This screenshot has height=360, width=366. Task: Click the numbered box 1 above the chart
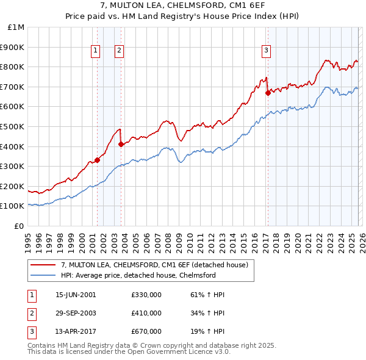(x=96, y=51)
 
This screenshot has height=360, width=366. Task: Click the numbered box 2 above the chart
(x=119, y=51)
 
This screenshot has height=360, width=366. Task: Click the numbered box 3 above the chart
(x=267, y=51)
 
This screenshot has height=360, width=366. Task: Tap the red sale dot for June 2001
(x=97, y=160)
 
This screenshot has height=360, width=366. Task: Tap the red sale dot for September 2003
(x=121, y=145)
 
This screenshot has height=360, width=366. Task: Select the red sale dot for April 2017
(x=268, y=93)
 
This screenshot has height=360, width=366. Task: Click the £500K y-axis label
(x=13, y=126)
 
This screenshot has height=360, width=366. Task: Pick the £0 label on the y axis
(x=19, y=226)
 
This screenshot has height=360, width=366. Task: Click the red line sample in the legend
(x=43, y=265)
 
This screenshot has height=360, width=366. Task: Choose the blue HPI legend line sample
(x=43, y=276)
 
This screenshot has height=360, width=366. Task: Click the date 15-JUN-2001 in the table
(x=76, y=295)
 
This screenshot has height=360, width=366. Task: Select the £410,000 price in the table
(x=146, y=313)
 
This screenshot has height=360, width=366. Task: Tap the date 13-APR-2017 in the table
(x=76, y=331)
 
